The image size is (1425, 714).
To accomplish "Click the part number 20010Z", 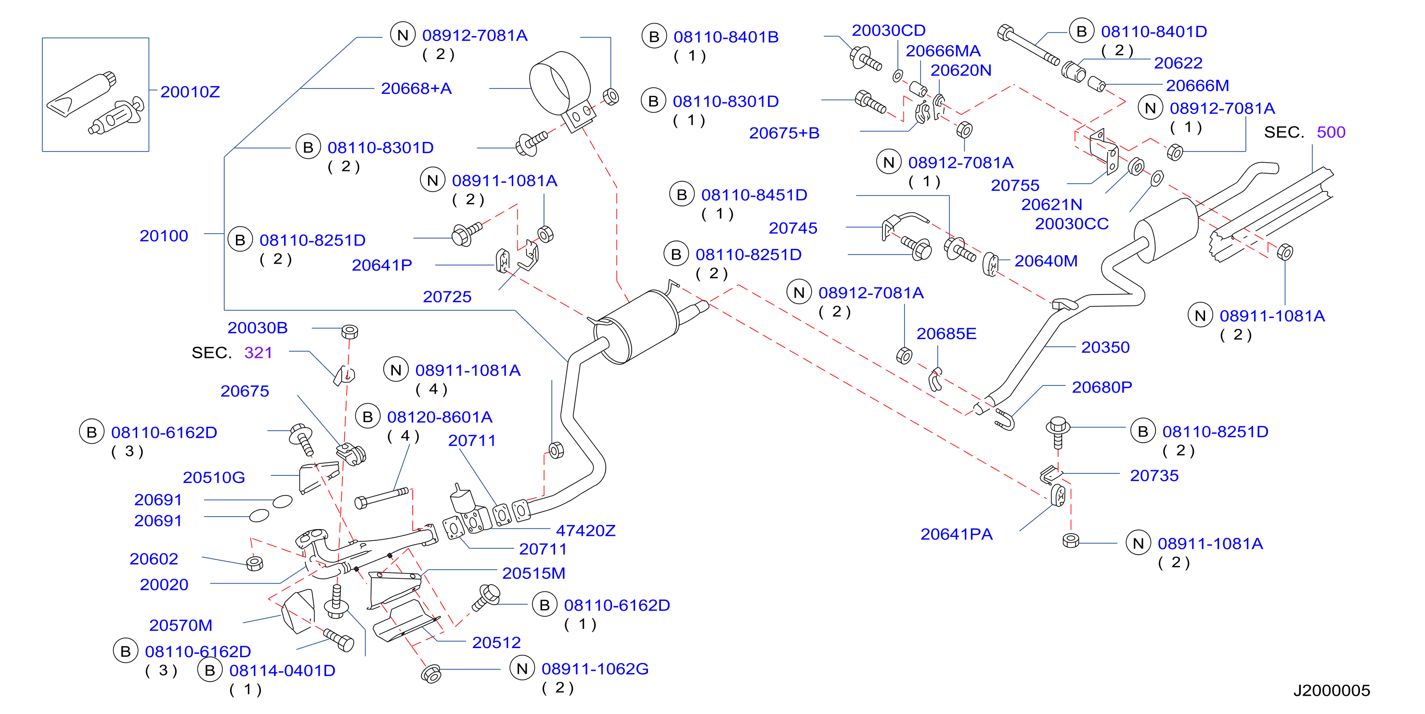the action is (190, 92).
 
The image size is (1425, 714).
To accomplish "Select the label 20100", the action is (164, 236).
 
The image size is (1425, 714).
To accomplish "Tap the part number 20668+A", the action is (416, 89).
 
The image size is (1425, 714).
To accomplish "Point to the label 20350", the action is (1105, 347).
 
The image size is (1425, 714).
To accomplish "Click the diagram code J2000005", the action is (1332, 690).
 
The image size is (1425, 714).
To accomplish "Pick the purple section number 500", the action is (1331, 132).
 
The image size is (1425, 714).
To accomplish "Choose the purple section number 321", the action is (259, 353).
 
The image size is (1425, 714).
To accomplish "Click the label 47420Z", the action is (585, 531).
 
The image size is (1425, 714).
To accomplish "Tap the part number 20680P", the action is (1101, 387).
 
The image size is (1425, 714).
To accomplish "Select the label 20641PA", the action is (956, 534).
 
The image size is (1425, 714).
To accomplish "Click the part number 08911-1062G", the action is (595, 669).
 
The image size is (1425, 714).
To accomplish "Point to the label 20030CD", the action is (888, 30).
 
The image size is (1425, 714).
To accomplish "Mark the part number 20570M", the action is (181, 625).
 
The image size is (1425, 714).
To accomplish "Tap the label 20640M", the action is (1046, 261).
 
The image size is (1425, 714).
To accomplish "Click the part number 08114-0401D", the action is (282, 671).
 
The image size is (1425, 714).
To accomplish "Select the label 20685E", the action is (946, 334).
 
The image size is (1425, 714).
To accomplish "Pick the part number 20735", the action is (1154, 476).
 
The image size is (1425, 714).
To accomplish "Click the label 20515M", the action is (533, 574).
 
